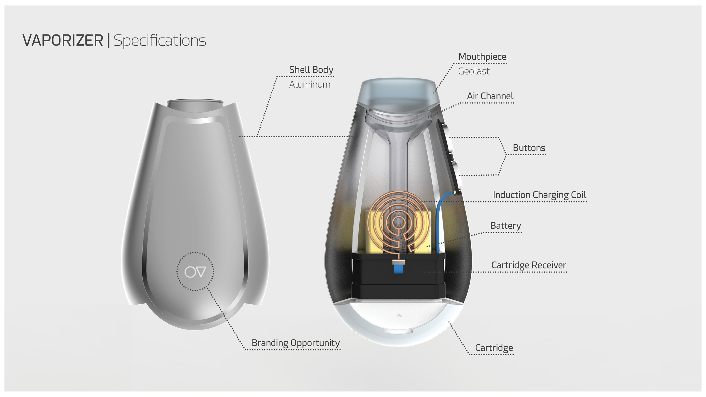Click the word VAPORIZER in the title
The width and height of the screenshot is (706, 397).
click(63, 40)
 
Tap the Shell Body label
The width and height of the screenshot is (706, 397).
click(311, 70)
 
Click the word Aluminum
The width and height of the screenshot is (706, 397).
click(310, 84)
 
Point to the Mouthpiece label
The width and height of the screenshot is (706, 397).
click(482, 57)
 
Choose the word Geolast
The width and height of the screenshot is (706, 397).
click(474, 71)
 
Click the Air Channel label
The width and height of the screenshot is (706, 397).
click(490, 96)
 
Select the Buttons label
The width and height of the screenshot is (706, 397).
click(529, 148)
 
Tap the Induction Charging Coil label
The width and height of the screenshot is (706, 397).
click(539, 195)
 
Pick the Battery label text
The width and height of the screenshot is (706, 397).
click(505, 226)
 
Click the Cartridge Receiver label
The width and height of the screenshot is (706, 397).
click(529, 265)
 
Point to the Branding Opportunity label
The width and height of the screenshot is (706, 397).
click(296, 343)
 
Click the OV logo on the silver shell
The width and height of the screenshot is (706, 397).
click(195, 272)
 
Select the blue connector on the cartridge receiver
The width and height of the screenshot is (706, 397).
click(398, 268)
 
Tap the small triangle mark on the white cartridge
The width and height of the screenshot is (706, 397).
click(398, 315)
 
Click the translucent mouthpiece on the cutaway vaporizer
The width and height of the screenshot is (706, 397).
click(399, 93)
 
